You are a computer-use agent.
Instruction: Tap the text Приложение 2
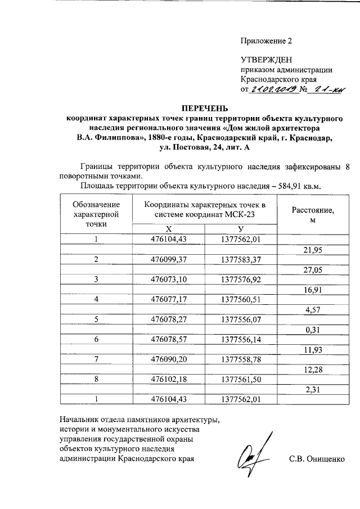click(x=267, y=41)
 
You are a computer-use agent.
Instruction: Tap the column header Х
click(x=168, y=228)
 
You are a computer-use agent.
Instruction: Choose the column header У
click(x=241, y=228)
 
